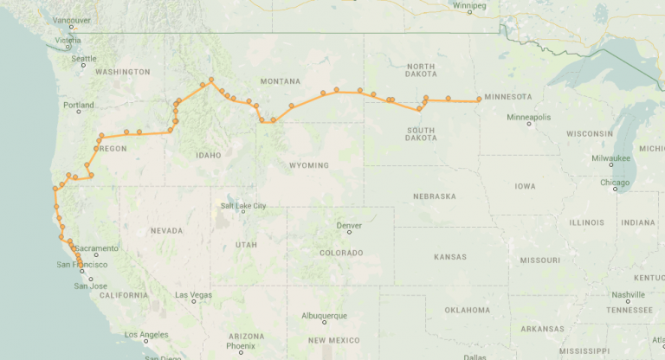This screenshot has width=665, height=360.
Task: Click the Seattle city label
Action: pos(84,59)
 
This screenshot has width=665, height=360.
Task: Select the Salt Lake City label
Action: pos(243,205)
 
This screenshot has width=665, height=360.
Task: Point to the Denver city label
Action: pos(348,225)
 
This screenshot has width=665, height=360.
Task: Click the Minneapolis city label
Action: pos(528,117)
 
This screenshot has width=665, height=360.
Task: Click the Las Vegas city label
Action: pos(193,295)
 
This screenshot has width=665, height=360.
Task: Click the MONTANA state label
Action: pos(280,81)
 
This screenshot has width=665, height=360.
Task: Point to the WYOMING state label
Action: pos(309,165)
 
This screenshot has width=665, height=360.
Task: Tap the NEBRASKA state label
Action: pos(434,196)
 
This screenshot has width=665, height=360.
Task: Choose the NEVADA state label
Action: pos(166,230)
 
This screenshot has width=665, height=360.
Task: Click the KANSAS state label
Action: pos(449,258)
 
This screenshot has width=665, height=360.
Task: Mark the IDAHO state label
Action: pos(209,155)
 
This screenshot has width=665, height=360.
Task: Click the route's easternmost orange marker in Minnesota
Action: pos(479,100)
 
